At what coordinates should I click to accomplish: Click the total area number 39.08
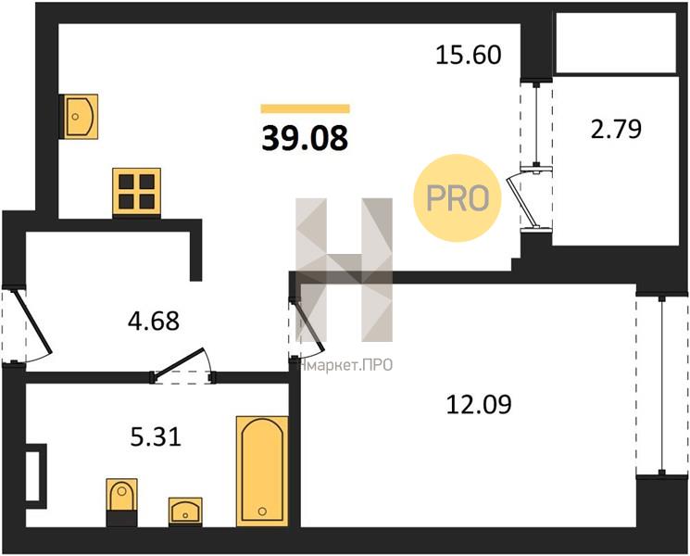pos(305,138)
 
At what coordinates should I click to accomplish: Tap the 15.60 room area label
pos(469,56)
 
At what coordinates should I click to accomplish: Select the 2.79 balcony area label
pos(616,130)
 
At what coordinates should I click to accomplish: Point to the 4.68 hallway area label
pos(154,321)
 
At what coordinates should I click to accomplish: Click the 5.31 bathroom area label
pos(157,437)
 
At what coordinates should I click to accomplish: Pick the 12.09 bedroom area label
pos(479,405)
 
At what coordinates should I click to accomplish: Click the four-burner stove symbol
pos(136,193)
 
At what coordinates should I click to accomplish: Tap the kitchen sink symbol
pos(80,117)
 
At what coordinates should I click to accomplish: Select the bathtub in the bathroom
pos(262,471)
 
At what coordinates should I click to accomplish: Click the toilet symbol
pos(122,503)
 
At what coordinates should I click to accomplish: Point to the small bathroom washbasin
pos(185,512)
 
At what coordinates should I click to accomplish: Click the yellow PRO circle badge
pos(458,197)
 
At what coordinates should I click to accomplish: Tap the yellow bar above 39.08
pos(305,108)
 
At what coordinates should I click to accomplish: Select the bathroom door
pos(180,363)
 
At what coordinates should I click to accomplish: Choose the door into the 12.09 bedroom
pos(309,326)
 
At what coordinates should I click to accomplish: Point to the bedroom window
pos(662,385)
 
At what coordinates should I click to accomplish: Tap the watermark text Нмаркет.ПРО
pos(345,365)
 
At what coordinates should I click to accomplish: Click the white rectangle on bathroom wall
pos(35,476)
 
